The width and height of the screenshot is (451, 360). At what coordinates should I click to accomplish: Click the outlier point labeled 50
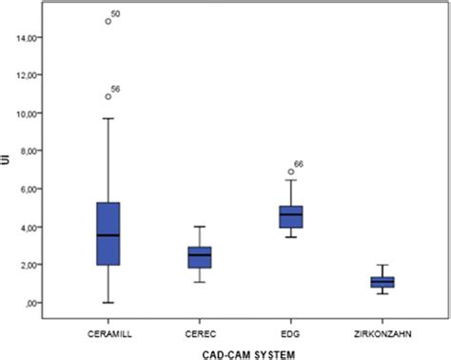pyautogui.click(x=108, y=21)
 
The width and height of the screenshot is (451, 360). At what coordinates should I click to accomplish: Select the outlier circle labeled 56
pyautogui.click(x=108, y=96)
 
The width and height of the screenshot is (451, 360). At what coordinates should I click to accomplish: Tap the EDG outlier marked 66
pyautogui.click(x=291, y=172)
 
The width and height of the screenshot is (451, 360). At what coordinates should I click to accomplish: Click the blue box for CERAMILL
pyautogui.click(x=108, y=233)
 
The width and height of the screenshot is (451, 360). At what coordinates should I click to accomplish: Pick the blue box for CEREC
pyautogui.click(x=200, y=257)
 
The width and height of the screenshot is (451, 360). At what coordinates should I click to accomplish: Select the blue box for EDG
pyautogui.click(x=290, y=217)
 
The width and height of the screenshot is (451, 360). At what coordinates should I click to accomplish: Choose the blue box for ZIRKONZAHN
pyautogui.click(x=382, y=281)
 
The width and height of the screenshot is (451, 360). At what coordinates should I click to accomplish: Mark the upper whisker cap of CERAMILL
pyautogui.click(x=108, y=118)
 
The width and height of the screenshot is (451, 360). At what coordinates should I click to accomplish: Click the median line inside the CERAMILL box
pyautogui.click(x=108, y=235)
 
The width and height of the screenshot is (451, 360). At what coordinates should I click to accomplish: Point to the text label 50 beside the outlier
pyautogui.click(x=116, y=14)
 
